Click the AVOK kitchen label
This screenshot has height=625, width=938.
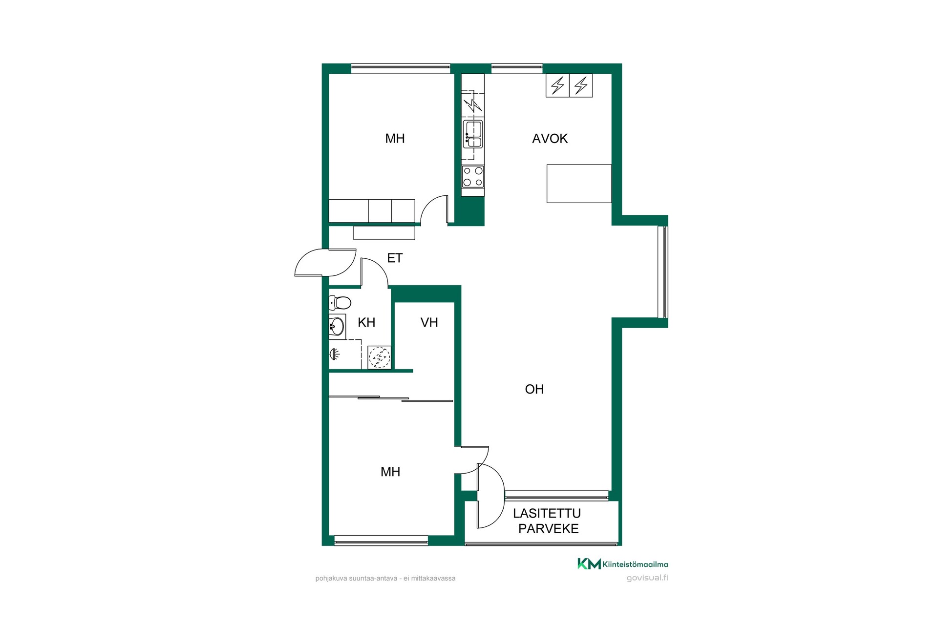click(550, 139)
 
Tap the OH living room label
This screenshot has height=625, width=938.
click(534, 389)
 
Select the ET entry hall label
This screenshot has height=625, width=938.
click(395, 258)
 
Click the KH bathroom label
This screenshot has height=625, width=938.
click(366, 322)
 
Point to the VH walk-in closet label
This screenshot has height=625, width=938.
click(429, 322)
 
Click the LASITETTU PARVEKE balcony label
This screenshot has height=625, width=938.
click(547, 521)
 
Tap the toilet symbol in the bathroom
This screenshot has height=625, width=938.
click(340, 303)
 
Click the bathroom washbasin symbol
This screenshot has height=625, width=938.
click(337, 326)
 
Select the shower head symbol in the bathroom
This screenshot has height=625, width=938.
click(334, 354)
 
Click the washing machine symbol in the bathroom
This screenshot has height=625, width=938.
click(379, 357)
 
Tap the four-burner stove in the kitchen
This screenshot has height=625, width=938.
click(473, 177)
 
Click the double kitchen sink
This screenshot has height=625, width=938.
click(473, 134)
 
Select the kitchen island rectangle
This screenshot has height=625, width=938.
click(579, 184)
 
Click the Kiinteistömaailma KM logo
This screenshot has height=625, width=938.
click(623, 564)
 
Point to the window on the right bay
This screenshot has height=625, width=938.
click(662, 271)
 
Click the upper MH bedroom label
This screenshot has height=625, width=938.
click(395, 139)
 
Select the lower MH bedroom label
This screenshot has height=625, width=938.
click(390, 472)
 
